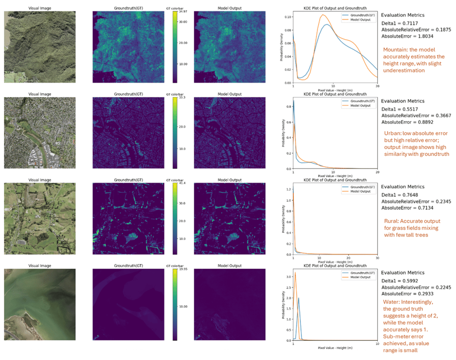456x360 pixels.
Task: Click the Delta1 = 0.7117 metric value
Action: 402,23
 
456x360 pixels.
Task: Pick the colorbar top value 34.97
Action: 183,11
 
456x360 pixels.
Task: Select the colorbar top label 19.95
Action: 183,270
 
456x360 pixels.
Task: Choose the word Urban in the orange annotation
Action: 393,133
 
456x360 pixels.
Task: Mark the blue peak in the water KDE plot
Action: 298,298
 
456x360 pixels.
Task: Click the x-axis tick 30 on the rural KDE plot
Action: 377,257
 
